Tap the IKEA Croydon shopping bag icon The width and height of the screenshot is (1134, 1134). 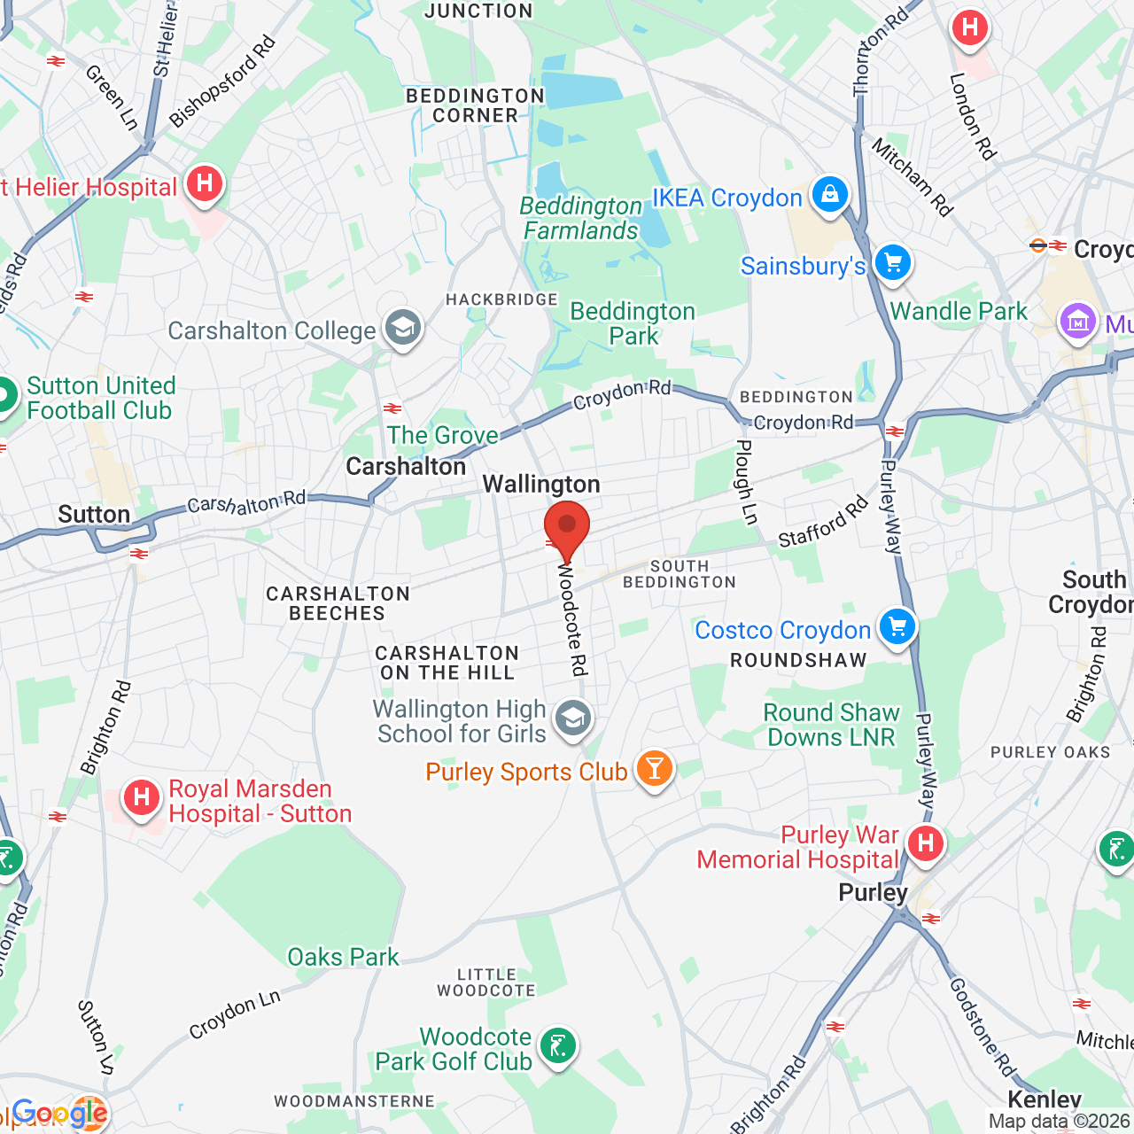830,194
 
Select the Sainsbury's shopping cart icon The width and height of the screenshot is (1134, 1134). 892,263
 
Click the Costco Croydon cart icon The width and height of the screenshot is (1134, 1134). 897,627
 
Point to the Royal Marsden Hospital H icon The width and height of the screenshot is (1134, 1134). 142,798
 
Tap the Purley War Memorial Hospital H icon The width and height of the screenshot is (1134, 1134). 926,843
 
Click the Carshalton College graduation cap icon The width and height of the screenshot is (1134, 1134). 403,329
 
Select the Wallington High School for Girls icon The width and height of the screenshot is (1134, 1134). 573,718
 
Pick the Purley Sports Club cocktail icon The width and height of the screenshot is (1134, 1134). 655,769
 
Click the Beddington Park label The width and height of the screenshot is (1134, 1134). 633,323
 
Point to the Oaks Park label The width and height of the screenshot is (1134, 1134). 343,957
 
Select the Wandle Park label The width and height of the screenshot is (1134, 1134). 959,311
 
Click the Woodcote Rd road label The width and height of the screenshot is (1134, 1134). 572,620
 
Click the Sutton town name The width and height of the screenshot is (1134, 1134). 94,515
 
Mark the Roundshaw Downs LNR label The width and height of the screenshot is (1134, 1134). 831,725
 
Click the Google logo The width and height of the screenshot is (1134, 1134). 59,1113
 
